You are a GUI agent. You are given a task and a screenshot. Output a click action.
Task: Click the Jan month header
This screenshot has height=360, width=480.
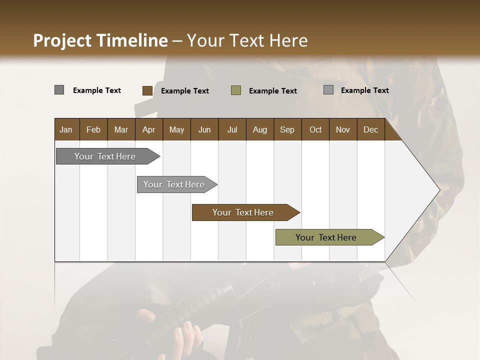click(x=66, y=129)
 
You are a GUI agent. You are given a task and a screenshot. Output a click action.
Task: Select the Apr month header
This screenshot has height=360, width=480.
click(x=148, y=129)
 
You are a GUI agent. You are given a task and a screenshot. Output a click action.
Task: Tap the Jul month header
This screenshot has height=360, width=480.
click(x=232, y=129)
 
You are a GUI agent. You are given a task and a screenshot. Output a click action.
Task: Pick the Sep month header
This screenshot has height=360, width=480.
click(x=287, y=129)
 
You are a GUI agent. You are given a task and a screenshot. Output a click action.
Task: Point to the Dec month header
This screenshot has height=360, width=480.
click(x=370, y=129)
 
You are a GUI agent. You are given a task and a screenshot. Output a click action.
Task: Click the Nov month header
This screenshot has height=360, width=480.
click(x=342, y=129)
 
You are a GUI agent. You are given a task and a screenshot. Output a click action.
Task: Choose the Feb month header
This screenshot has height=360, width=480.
click(x=93, y=129)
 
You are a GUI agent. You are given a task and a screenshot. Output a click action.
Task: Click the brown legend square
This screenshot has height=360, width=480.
click(x=147, y=90)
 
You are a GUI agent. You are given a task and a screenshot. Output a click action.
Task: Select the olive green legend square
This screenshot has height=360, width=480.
click(x=236, y=90)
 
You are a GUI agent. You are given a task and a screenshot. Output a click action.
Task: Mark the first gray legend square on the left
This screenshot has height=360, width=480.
click(x=59, y=90)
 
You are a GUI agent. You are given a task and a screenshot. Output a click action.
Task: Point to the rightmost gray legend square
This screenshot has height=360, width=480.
click(x=328, y=90)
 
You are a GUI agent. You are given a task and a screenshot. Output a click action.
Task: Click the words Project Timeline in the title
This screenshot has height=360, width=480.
click(x=100, y=40)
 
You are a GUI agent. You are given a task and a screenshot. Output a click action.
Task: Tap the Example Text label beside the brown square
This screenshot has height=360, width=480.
click(x=184, y=91)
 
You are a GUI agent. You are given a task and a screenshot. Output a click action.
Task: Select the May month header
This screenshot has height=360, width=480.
click(x=176, y=129)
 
